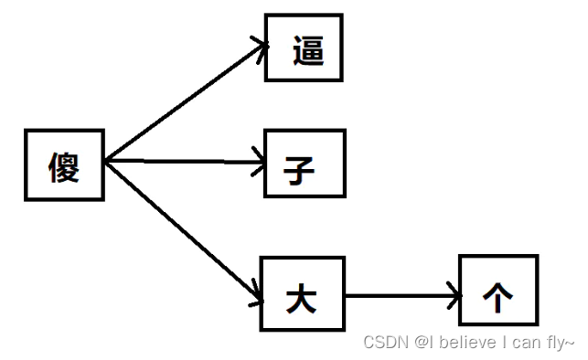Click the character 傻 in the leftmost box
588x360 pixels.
tap(64, 167)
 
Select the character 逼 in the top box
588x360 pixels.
tap(308, 49)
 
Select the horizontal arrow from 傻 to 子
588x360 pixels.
tap(183, 164)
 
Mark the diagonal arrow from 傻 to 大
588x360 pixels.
tap(183, 228)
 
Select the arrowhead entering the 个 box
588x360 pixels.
tap(454, 295)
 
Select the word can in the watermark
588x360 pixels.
tap(526, 343)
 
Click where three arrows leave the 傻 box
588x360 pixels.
tap(106, 162)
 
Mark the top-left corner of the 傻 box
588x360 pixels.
tap(26, 133)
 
